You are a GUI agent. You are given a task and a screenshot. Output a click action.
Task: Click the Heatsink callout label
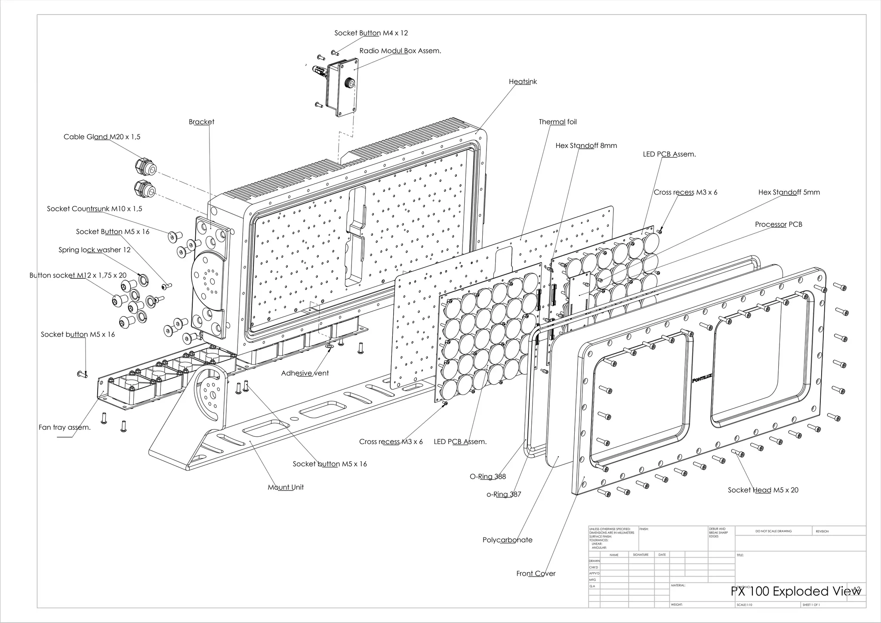(x=523, y=82)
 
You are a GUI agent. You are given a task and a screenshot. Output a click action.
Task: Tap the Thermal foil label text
(x=558, y=122)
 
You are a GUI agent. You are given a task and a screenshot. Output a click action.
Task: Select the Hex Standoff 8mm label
(x=586, y=146)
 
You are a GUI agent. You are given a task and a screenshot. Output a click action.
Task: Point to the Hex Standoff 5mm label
(x=789, y=192)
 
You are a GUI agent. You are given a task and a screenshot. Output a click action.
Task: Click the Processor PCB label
(x=778, y=225)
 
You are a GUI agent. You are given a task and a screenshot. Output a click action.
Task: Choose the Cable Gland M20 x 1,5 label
(x=102, y=137)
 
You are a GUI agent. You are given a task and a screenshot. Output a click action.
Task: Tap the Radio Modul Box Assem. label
(x=400, y=51)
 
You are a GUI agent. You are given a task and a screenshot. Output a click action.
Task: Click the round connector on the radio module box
(x=350, y=83)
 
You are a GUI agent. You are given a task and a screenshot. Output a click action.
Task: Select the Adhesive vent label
(x=305, y=373)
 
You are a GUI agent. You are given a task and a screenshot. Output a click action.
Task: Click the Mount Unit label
(x=286, y=487)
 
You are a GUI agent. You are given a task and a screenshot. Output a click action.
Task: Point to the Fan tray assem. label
(x=65, y=427)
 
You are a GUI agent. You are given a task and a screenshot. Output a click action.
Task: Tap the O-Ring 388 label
(x=487, y=477)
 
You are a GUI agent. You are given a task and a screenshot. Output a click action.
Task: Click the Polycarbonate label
(x=507, y=540)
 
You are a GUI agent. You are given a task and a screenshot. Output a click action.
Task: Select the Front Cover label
(x=536, y=574)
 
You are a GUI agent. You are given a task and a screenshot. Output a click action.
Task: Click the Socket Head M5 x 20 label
(x=763, y=490)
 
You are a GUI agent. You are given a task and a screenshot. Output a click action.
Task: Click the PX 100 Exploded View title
(x=796, y=591)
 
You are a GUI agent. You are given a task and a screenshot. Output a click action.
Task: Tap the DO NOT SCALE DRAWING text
(x=773, y=531)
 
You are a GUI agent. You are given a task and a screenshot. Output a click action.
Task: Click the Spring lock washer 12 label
(x=94, y=250)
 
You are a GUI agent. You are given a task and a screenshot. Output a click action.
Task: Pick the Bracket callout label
(x=201, y=122)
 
